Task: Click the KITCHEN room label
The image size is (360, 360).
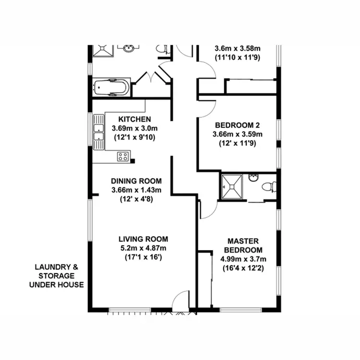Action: (135, 120)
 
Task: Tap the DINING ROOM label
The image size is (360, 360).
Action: (136, 181)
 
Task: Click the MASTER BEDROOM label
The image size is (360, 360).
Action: (243, 245)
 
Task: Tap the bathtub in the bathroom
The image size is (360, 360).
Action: (111, 88)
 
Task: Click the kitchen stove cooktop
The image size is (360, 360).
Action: (123, 156)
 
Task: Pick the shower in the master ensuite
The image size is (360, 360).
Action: (232, 187)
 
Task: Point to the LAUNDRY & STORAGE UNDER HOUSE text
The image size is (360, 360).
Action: (56, 276)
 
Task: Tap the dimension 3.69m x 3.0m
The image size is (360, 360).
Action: (135, 129)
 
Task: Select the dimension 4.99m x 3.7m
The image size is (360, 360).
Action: (243, 259)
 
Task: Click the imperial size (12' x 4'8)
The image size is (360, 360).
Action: (136, 199)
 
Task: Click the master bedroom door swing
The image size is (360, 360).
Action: (209, 209)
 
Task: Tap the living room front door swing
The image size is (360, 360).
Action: (180, 300)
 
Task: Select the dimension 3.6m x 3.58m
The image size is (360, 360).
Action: (237, 48)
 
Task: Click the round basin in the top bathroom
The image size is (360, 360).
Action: (128, 48)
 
